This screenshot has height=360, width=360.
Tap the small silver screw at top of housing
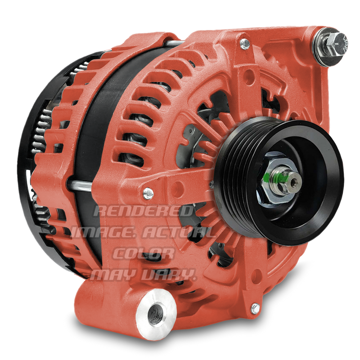coord(245,44)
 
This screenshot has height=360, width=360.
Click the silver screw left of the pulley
coord(148,193)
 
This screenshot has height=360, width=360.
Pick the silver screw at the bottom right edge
coord(255,309)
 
